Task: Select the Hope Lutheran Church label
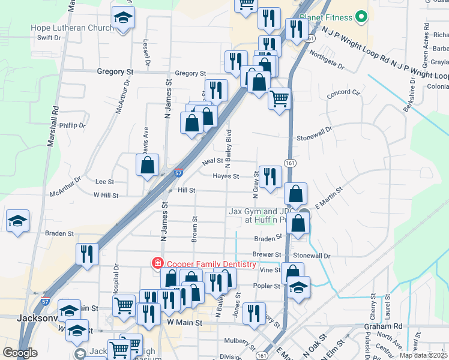(x=72, y=28)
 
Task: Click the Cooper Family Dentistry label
(x=211, y=264)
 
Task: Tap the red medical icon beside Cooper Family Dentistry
(x=157, y=263)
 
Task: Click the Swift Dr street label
(x=49, y=37)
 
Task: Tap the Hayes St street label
(x=226, y=176)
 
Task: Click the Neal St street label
(x=212, y=161)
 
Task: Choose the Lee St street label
(x=104, y=181)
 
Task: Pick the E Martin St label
(x=328, y=197)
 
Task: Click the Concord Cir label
(x=343, y=93)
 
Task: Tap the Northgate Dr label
(x=327, y=59)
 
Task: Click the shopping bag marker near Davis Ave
(x=147, y=165)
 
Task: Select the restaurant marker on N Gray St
(x=270, y=176)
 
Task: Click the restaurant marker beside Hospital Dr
(x=88, y=253)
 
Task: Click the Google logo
(x=20, y=353)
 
